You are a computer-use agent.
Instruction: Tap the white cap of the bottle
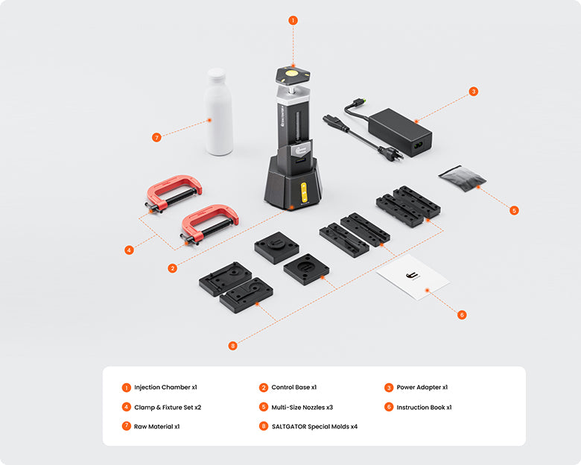(216, 75)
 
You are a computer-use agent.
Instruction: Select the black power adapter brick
(400, 132)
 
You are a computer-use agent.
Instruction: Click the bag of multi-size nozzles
(462, 178)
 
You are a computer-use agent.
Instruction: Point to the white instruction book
(413, 277)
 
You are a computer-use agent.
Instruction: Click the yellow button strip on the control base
(304, 192)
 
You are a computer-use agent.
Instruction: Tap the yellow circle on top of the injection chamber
(291, 73)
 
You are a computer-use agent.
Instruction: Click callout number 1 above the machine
(293, 20)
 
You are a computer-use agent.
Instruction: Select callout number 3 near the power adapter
(473, 91)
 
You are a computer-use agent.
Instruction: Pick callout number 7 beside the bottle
(156, 138)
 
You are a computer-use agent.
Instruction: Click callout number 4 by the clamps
(129, 250)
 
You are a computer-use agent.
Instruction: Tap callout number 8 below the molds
(232, 346)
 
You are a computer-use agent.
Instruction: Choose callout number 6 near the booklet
(461, 314)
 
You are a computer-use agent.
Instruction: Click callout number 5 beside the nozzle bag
(513, 211)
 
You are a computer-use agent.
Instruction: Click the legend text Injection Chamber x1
(165, 387)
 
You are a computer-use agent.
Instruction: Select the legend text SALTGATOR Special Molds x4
(314, 426)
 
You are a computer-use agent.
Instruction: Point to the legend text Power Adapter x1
(422, 387)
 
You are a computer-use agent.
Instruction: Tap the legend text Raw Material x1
(156, 426)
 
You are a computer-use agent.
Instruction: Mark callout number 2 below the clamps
(172, 268)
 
